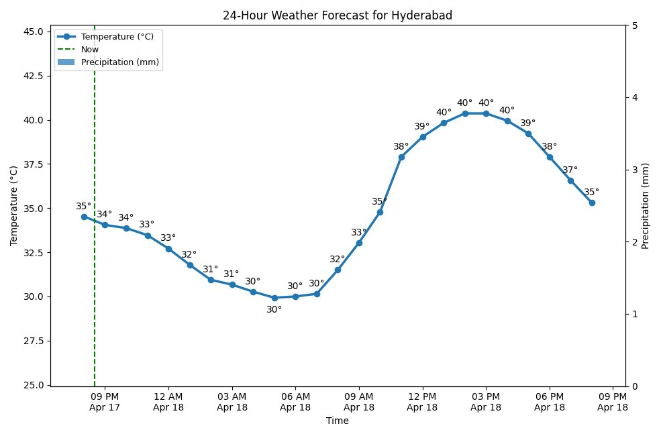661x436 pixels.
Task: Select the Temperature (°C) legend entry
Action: click(117, 37)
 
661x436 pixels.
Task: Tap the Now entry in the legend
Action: click(90, 49)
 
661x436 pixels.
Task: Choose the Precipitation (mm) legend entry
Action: click(120, 62)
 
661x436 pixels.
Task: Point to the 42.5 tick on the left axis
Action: click(32, 76)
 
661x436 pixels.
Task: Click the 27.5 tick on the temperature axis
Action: click(32, 341)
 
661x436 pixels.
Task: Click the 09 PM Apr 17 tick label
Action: click(105, 401)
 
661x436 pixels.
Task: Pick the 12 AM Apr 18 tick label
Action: click(168, 401)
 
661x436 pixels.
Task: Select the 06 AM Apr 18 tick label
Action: click(295, 401)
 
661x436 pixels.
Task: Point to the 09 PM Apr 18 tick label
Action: click(613, 401)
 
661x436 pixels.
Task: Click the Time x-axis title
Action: click(337, 421)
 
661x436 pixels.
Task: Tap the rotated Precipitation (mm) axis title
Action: click(646, 206)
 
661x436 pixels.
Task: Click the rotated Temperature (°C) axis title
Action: click(14, 206)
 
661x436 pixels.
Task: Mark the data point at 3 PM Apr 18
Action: click(486, 113)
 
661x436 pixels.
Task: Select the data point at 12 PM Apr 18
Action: click(423, 137)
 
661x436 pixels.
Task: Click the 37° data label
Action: click(570, 170)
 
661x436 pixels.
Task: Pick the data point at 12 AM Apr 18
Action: click(168, 249)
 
